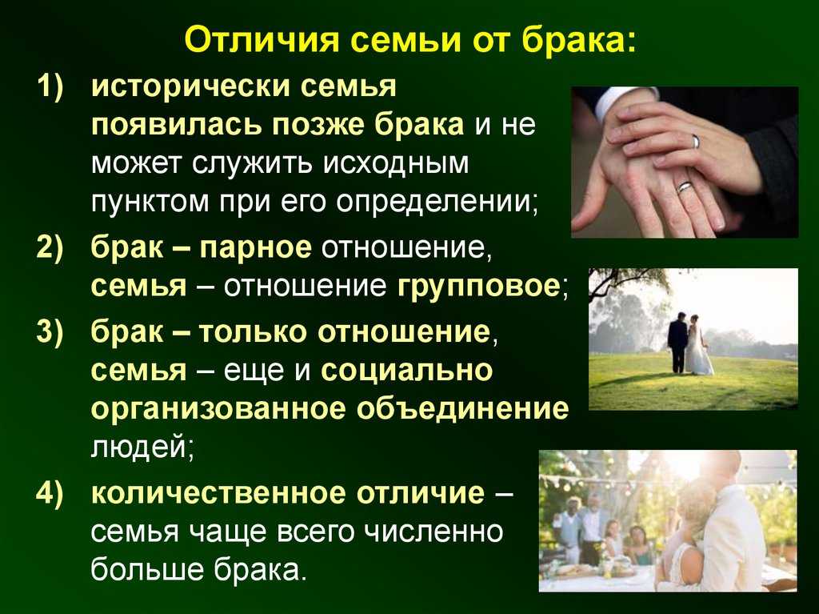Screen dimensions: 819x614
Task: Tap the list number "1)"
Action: [x=50, y=86]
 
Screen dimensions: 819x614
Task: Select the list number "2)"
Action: [x=50, y=247]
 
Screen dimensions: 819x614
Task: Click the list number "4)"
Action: [x=50, y=493]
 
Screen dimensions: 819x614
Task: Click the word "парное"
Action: [x=255, y=248]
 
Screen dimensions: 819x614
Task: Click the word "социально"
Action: [x=407, y=370]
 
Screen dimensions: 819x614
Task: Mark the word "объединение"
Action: [x=462, y=408]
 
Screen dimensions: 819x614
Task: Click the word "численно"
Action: [x=433, y=532]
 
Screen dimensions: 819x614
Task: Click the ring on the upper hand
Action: [x=697, y=141]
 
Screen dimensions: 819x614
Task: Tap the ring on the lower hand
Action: [x=685, y=187]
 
